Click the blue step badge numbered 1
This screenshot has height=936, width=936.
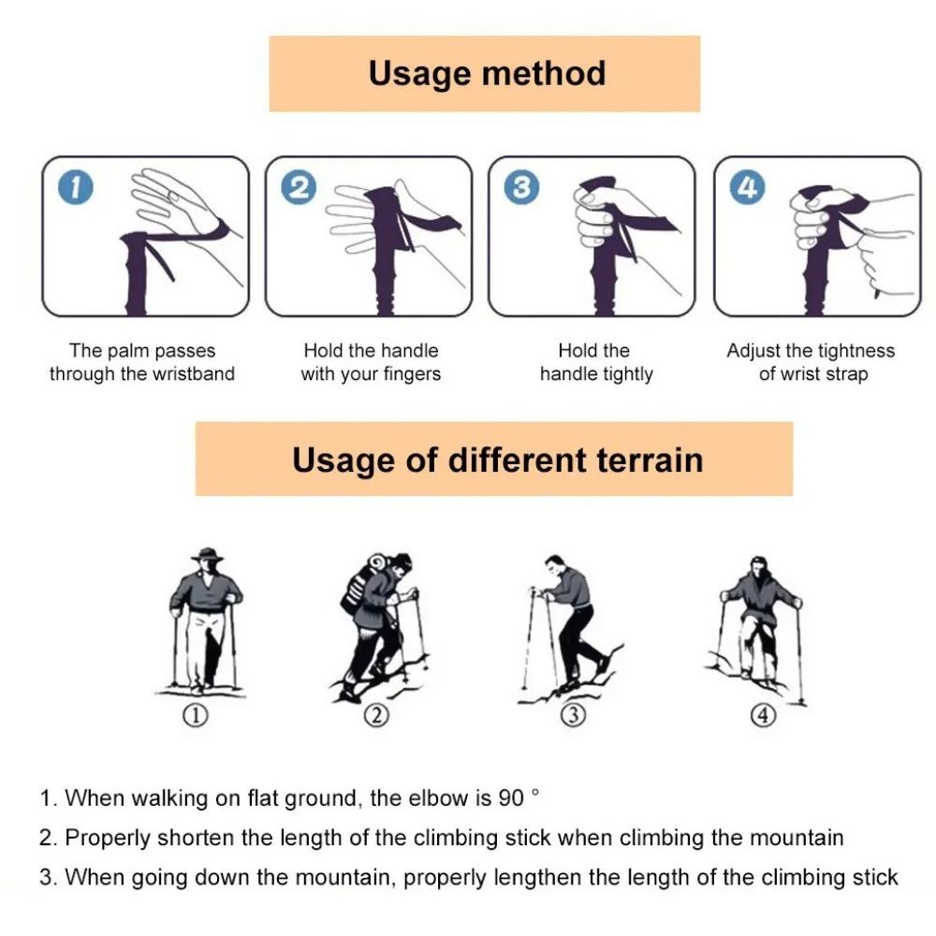76,187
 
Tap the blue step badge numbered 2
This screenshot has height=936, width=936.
299,187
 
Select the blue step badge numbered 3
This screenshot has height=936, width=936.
521,187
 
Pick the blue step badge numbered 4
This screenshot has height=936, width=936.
747,187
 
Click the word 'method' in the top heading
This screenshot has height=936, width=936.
543,73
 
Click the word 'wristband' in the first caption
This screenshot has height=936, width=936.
194,373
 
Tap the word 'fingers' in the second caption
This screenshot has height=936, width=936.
412,374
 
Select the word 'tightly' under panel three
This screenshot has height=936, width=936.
627,374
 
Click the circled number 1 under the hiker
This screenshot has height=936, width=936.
196,715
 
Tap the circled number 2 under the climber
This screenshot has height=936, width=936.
376,715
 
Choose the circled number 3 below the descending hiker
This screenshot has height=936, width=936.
573,715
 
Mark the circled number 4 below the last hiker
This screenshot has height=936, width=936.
763,715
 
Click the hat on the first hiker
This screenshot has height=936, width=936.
207,554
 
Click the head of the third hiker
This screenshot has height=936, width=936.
554,564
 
